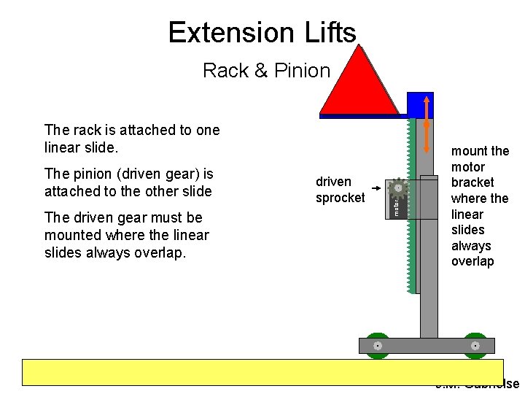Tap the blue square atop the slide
click(x=420, y=105)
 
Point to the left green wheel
click(x=378, y=345)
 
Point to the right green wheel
click(x=475, y=345)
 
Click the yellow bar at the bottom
click(x=262, y=371)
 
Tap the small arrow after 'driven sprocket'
click(x=374, y=189)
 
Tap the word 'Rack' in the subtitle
click(x=222, y=71)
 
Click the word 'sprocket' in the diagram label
click(x=340, y=198)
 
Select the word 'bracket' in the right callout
click(x=472, y=182)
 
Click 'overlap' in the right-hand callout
click(x=472, y=261)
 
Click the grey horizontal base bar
click(x=427, y=345)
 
